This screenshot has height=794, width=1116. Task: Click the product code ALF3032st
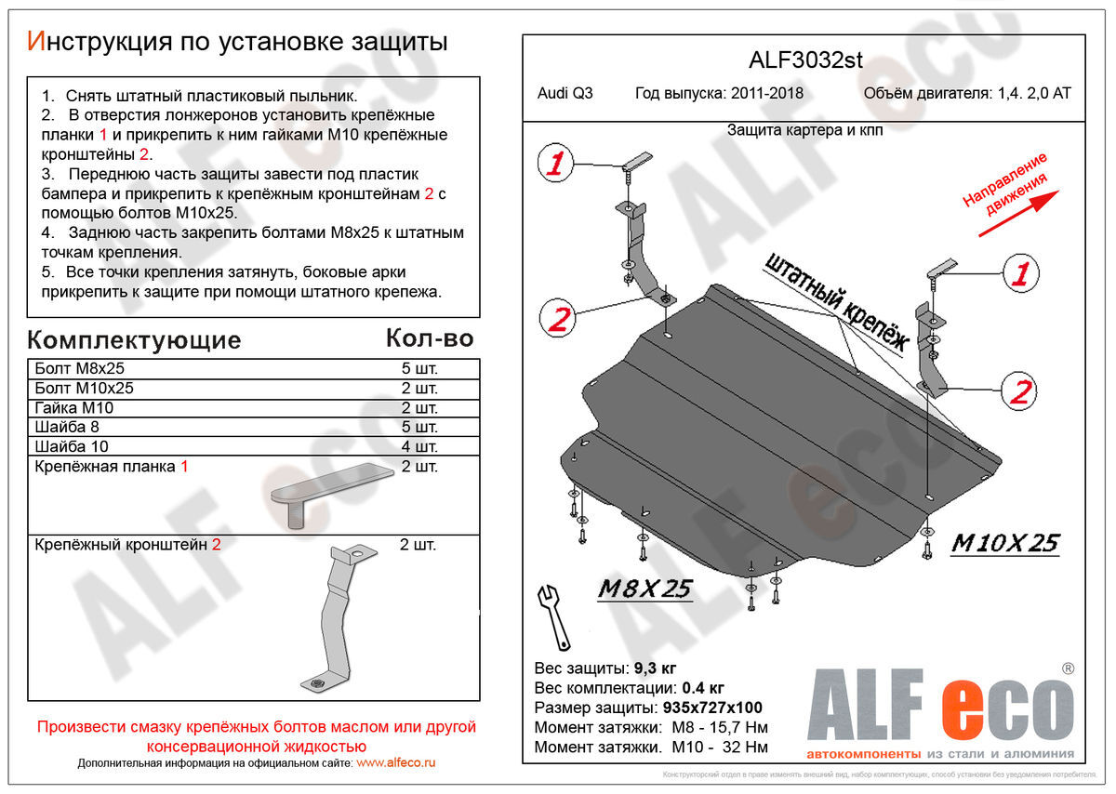tap(805, 61)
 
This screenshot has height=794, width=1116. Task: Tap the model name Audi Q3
tap(565, 94)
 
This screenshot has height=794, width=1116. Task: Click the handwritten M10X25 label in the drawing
tap(1003, 544)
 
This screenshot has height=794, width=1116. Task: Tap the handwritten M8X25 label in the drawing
tap(644, 589)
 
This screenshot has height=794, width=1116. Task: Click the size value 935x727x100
tap(714, 708)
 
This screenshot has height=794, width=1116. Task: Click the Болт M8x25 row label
tap(78, 368)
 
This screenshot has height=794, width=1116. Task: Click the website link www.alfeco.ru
tap(395, 763)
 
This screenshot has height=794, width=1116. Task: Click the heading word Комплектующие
tap(134, 340)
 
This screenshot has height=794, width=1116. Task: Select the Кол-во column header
tap(429, 338)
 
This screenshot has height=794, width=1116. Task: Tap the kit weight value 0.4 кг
tap(701, 689)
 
